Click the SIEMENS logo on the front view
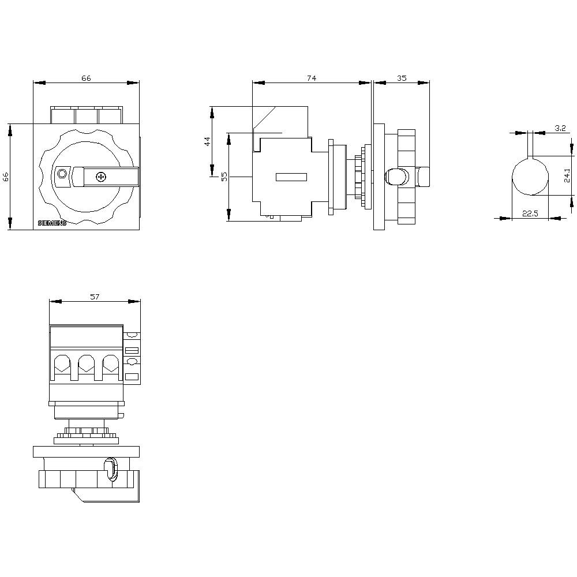52,223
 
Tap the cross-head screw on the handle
101,177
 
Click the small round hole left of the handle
62,174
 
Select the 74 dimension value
312,78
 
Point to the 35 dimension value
402,78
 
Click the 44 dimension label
207,142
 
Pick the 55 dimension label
224,177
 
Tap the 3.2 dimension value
559,128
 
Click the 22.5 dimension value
530,213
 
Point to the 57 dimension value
95,297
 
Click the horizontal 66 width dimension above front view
86,78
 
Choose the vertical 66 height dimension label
6,177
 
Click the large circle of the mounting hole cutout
530,177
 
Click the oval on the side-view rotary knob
396,177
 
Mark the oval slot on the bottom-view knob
110,469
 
